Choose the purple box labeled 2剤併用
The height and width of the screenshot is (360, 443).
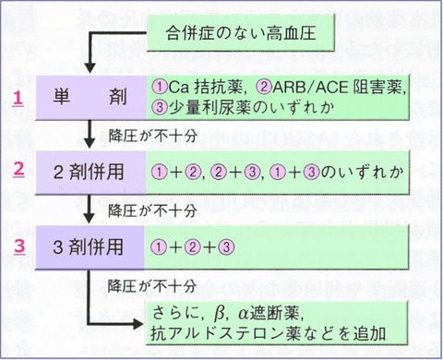[x=89, y=172]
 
